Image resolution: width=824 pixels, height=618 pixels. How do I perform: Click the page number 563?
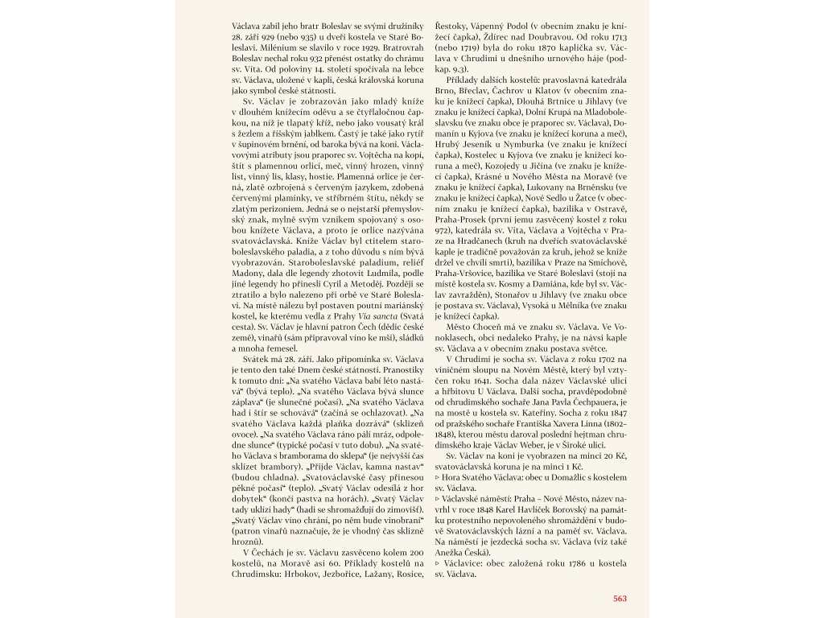[620, 598]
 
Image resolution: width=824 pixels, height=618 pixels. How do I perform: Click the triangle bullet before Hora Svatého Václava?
[438, 477]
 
